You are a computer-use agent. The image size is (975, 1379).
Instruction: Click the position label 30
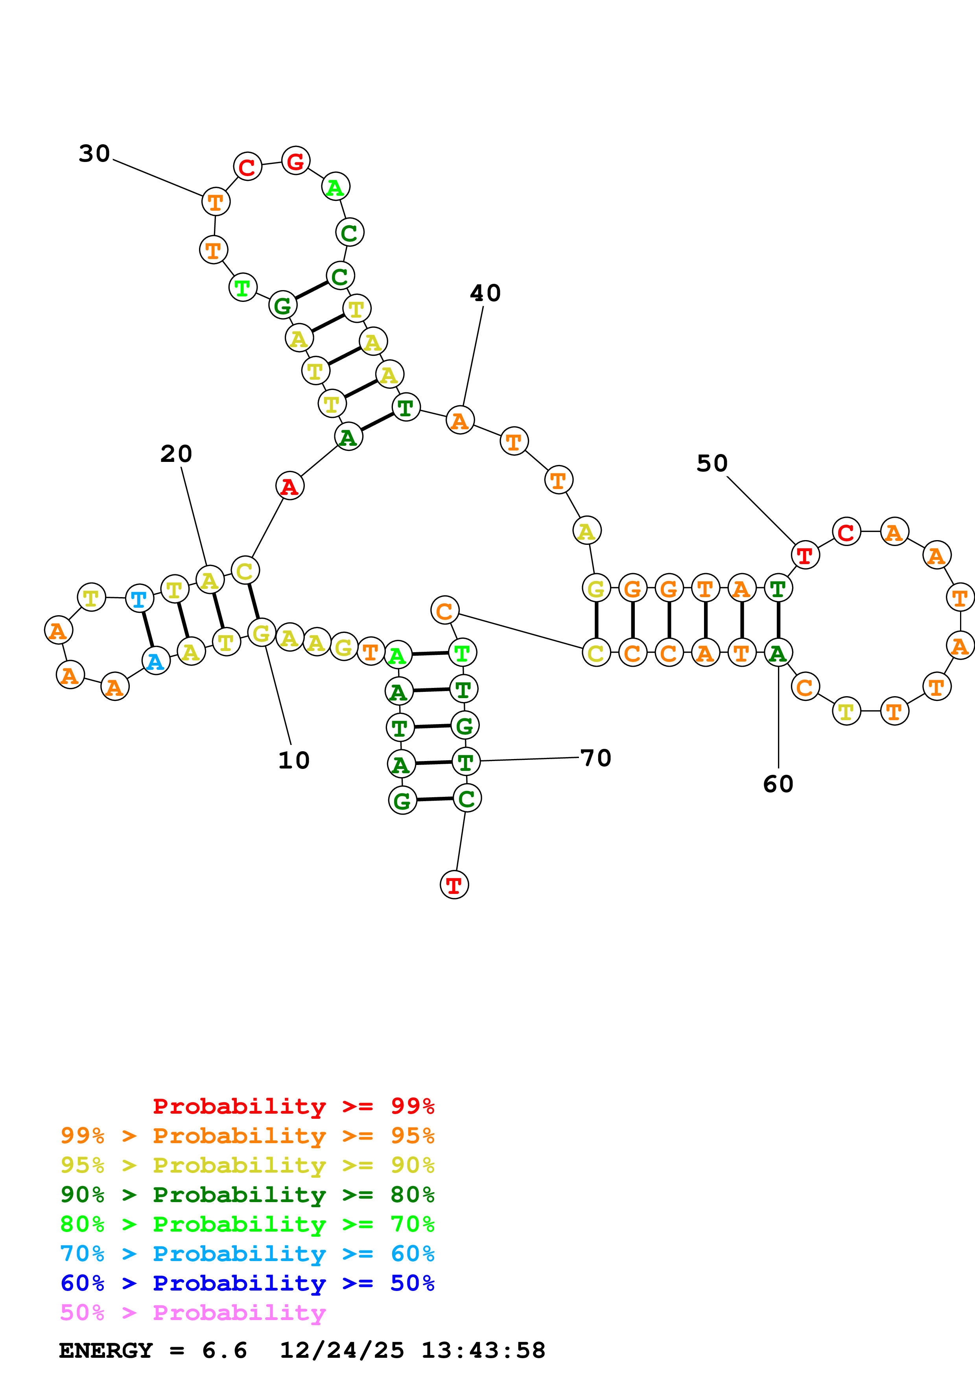click(x=94, y=154)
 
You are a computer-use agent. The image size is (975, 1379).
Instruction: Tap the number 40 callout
click(x=485, y=293)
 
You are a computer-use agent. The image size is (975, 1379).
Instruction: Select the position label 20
click(x=176, y=454)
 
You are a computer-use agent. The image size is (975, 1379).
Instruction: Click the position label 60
click(x=778, y=784)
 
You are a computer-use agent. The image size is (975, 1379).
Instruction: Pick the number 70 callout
click(x=596, y=758)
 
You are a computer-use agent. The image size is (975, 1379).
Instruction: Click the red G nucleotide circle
click(x=295, y=160)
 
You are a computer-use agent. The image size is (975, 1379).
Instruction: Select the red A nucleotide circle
click(x=289, y=485)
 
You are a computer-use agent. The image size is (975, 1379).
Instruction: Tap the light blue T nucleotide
click(x=139, y=599)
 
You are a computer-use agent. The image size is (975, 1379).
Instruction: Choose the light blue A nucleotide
click(x=156, y=661)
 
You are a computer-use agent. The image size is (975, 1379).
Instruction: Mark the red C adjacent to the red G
click(x=247, y=167)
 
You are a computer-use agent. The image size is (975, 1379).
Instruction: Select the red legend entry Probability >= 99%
click(x=293, y=1106)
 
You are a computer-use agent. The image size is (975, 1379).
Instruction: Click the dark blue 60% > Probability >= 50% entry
click(x=247, y=1283)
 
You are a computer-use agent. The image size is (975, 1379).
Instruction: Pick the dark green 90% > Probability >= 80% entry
click(x=247, y=1195)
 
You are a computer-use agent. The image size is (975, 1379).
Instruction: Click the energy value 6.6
click(x=224, y=1350)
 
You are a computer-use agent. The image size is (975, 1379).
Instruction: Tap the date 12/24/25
click(x=342, y=1350)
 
